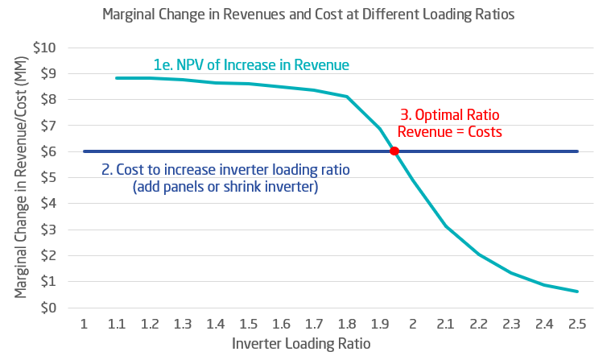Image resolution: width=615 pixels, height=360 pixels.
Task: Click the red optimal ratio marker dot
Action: click(394, 151)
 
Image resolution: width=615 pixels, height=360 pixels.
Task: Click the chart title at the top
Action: click(307, 15)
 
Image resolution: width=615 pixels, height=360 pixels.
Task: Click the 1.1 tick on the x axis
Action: click(117, 324)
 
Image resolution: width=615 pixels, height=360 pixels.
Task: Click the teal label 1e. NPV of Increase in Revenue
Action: click(251, 64)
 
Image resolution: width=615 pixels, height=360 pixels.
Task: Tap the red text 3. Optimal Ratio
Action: click(449, 115)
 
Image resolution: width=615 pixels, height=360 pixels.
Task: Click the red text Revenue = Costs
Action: click(449, 131)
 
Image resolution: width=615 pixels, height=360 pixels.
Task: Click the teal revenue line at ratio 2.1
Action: click(446, 227)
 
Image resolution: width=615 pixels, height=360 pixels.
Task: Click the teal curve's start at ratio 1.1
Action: click(117, 78)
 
